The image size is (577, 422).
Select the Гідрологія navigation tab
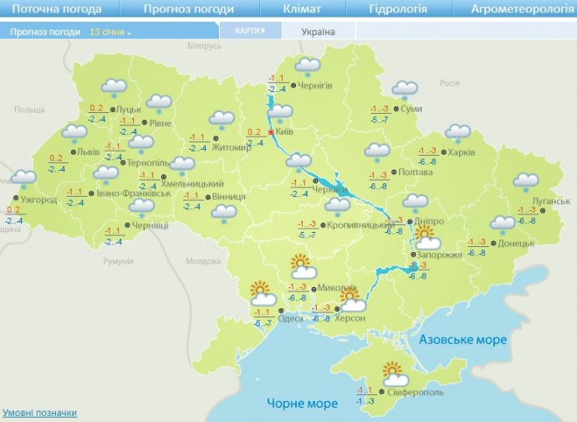pyautogui.click(x=398, y=9)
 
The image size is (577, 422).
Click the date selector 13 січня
pyautogui.click(x=110, y=32)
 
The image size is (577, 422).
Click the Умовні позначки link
pyautogui.click(x=40, y=413)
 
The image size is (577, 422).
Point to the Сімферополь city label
pyautogui.click(x=416, y=392)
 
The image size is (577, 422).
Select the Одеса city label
pyautogui.click(x=290, y=317)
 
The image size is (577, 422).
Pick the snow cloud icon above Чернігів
pyautogui.click(x=309, y=65)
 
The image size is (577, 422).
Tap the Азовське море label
pyautogui.click(x=462, y=339)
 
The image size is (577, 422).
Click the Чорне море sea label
pyautogui.click(x=302, y=404)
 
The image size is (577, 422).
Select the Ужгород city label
pyautogui.click(x=38, y=200)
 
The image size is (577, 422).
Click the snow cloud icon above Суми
pyautogui.click(x=405, y=89)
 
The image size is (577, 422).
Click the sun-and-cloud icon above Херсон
pyautogui.click(x=350, y=299)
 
